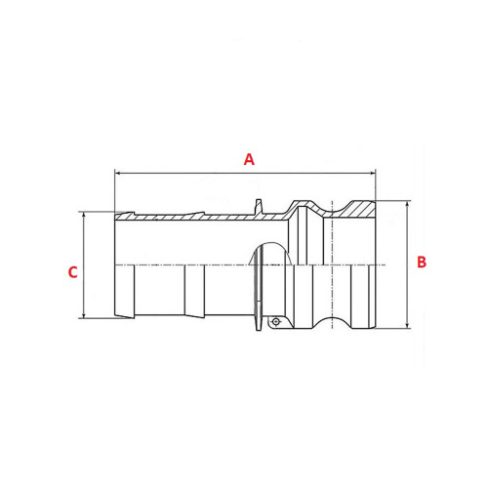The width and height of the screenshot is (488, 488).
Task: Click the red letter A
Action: [x=249, y=159]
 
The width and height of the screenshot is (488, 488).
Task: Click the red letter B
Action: [x=422, y=262]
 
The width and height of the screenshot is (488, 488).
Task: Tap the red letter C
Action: [x=72, y=272]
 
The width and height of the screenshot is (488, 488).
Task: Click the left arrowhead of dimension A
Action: [x=118, y=174]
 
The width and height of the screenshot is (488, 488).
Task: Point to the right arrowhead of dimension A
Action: [x=372, y=174]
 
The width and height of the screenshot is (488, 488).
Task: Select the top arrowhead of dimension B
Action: [x=408, y=205]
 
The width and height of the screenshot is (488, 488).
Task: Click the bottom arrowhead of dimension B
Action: [x=408, y=325]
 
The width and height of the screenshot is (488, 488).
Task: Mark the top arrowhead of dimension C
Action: [x=84, y=216]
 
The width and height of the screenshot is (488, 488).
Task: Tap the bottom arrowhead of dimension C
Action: [x=84, y=314]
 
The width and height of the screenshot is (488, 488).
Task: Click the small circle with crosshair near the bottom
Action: [x=276, y=322]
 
